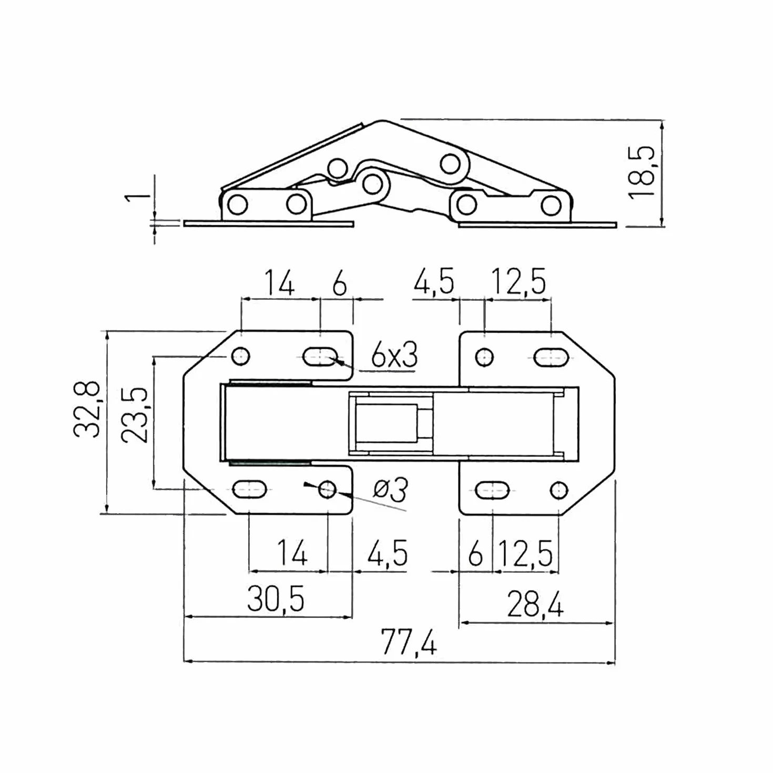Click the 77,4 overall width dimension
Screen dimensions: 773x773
coord(409,642)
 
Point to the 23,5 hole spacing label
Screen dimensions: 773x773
coord(135,415)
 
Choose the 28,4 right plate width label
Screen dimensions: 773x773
coord(535,604)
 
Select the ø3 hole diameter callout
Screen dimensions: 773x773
coord(390,490)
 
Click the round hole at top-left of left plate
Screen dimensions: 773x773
coord(241,356)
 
